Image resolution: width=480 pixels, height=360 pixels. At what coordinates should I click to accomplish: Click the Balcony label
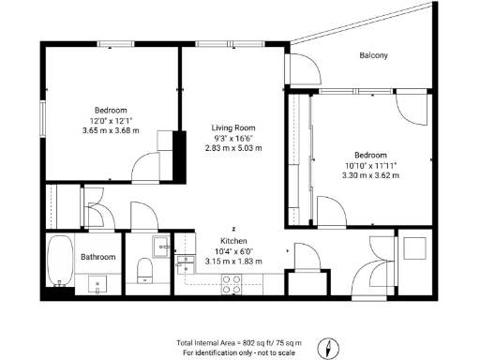[373, 56]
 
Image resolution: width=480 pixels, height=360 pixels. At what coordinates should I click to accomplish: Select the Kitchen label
[233, 240]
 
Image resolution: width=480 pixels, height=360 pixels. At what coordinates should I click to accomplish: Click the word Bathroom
[97, 257]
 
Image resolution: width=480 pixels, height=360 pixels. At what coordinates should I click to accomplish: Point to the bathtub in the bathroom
[61, 263]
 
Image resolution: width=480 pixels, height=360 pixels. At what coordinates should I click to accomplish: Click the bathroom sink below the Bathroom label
[97, 284]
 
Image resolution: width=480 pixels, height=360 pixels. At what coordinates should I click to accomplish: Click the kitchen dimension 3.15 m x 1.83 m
[233, 262]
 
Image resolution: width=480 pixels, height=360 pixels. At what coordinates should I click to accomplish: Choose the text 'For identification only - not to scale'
[239, 352]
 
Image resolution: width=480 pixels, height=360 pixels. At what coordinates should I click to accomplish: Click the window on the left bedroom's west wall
[41, 117]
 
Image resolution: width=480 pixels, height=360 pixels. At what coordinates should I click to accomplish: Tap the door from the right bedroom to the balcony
[410, 107]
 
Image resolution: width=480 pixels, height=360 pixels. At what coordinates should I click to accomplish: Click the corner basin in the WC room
[160, 249]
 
